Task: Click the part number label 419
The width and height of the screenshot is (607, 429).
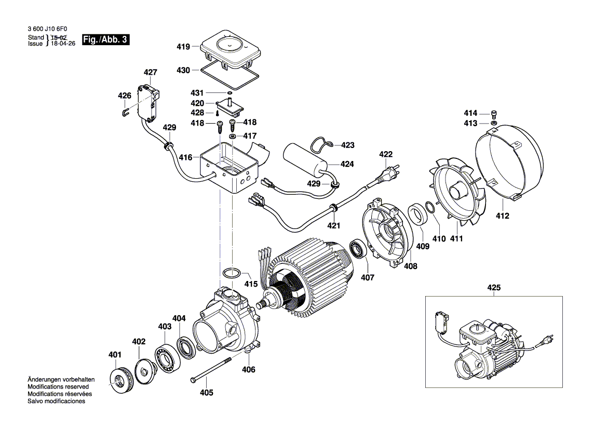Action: pyautogui.click(x=183, y=47)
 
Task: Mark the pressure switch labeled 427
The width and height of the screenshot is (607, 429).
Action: pyautogui.click(x=147, y=102)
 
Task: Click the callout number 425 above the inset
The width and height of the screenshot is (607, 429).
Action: pyautogui.click(x=494, y=287)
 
